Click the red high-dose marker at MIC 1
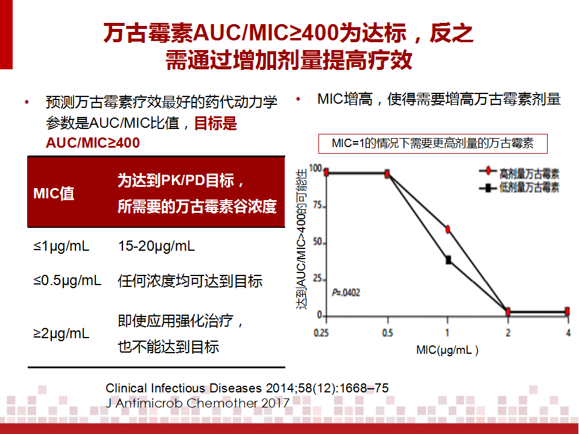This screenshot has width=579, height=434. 448,230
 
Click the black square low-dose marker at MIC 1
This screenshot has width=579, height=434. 449,260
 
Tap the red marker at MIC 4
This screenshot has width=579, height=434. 568,312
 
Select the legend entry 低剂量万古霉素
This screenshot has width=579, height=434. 519,187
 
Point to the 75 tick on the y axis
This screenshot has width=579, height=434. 317,206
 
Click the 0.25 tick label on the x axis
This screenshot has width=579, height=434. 321,333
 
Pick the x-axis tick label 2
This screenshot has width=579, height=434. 508,333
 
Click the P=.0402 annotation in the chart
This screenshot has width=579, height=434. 346,293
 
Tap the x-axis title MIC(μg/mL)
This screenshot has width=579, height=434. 447,350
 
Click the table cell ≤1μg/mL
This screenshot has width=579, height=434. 62,246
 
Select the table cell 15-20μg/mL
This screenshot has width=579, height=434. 156,246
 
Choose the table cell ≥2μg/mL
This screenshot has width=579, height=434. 62,333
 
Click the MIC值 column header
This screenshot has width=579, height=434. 54,193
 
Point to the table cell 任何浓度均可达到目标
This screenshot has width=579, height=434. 190,281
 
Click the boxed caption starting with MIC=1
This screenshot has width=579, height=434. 433,143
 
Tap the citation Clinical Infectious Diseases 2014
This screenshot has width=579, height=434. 247,388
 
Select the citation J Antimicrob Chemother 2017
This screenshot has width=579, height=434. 198,403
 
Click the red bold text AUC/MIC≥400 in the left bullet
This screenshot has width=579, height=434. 93,143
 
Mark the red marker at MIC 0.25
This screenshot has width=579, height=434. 326,172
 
